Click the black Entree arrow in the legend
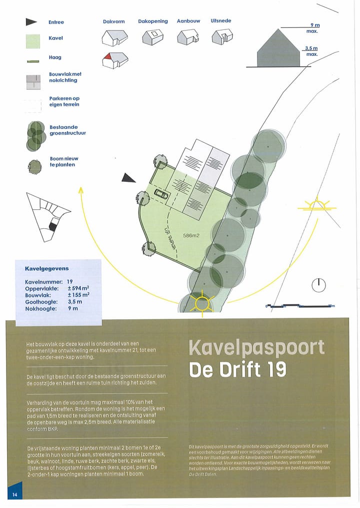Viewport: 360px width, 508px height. pos(31,22)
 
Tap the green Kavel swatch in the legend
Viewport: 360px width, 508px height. pos(33,41)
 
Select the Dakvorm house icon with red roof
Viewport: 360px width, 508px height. pos(115,60)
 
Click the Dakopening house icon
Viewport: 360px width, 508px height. pos(153,36)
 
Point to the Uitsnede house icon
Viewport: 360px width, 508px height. pos(222,36)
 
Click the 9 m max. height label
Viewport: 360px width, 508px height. pos(313,27)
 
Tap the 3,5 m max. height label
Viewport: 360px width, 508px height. pos(311,51)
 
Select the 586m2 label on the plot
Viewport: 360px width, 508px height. pos(191,235)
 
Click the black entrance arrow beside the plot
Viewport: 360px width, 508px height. pos(129,177)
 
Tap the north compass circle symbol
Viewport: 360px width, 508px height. pos(318,285)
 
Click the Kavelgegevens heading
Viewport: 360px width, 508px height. pos(47,268)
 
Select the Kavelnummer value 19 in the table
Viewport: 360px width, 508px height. pos(70,282)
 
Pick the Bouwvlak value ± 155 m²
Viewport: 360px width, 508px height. pos(78,295)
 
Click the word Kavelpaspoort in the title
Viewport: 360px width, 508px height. pos(256,348)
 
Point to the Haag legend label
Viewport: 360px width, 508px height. pos(55,57)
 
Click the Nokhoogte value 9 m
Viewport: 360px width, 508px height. pos(73,309)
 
